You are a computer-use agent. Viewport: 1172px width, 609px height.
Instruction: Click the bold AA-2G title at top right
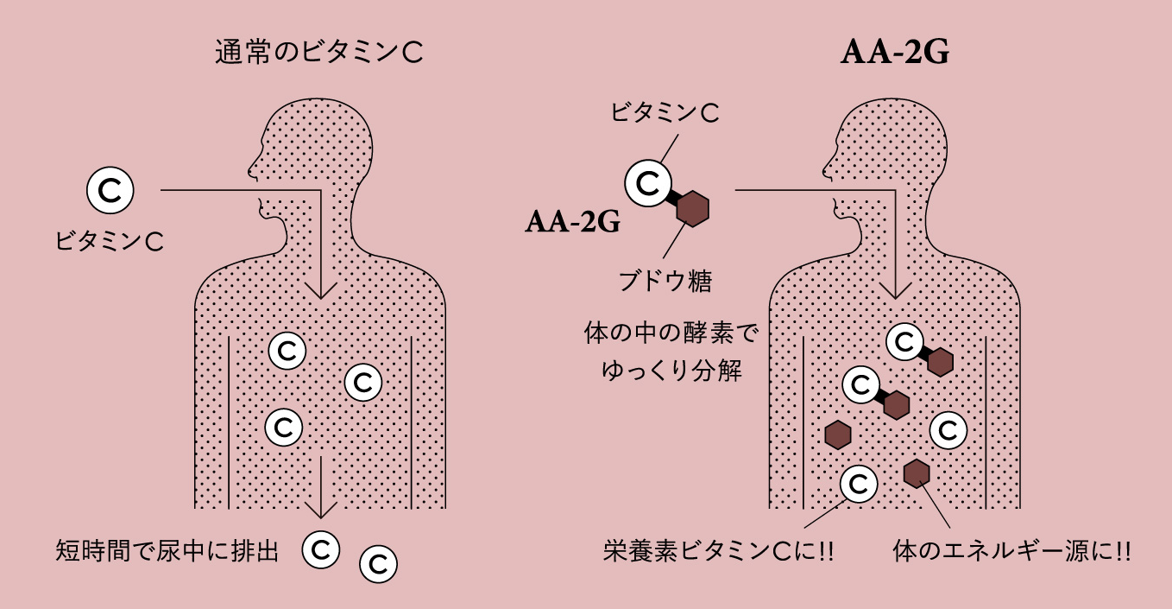tap(896, 54)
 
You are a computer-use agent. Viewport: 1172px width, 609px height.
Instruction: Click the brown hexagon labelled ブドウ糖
tap(692, 209)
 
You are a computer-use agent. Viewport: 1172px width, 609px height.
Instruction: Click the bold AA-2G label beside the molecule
tap(573, 223)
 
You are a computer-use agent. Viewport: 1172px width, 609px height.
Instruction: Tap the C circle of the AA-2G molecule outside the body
tap(648, 182)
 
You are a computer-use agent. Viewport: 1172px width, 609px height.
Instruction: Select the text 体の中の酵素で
tap(671, 335)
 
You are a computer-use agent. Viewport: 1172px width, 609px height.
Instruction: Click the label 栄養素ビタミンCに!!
tap(718, 550)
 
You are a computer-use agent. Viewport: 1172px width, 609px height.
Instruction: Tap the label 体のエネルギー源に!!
tap(1011, 550)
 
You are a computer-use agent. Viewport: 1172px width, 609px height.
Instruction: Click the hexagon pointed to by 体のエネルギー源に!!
tap(916, 473)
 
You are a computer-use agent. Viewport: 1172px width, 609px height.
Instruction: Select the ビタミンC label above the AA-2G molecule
tap(665, 112)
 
